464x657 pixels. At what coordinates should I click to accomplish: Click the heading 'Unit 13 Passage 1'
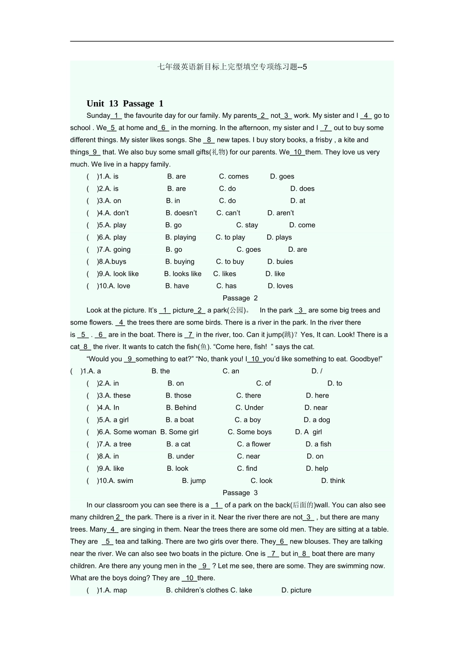(125, 104)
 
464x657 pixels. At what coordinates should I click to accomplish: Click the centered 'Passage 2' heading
(240, 298)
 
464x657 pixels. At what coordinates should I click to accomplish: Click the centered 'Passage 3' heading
(240, 493)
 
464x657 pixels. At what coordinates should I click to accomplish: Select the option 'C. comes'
(233, 176)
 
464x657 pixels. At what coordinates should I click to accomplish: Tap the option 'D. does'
(302, 189)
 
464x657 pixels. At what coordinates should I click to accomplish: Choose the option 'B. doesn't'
(181, 213)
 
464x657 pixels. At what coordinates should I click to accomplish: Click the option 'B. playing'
(181, 238)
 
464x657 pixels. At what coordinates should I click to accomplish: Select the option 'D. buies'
(280, 262)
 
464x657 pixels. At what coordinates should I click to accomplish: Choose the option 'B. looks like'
(183, 274)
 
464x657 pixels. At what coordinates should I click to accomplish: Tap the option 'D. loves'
(280, 286)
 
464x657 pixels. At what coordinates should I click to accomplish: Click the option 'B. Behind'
(181, 408)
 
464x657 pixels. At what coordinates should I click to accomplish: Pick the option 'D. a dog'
(317, 420)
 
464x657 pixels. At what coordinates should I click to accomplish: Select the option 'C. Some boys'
(250, 432)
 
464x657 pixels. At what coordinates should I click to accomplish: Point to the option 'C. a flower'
(253, 444)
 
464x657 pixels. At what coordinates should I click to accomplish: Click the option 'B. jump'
(194, 481)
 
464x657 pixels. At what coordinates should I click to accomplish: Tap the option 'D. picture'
(296, 591)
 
